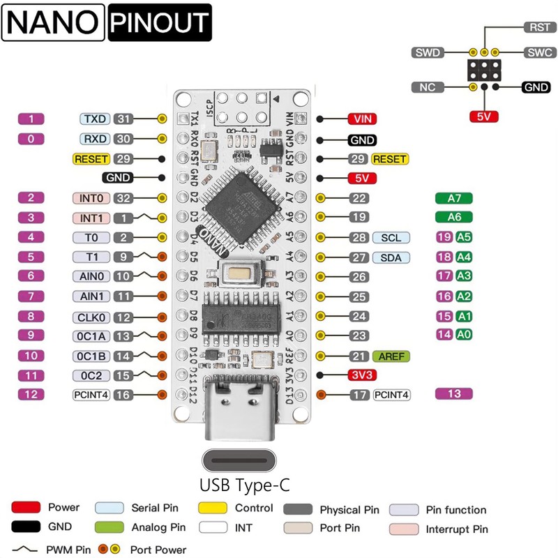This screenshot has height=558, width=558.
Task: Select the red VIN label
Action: tap(362, 119)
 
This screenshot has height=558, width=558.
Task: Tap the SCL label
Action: tap(391, 238)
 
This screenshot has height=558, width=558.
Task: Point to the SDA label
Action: tap(391, 257)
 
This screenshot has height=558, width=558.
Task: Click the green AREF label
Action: tap(391, 356)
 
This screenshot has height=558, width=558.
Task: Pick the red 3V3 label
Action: tap(362, 375)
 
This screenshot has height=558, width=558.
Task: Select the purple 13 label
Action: tap(454, 393)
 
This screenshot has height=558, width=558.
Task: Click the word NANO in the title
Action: tap(52, 23)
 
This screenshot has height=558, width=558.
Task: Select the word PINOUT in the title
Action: tap(160, 23)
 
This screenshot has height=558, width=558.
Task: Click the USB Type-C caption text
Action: tap(244, 484)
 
